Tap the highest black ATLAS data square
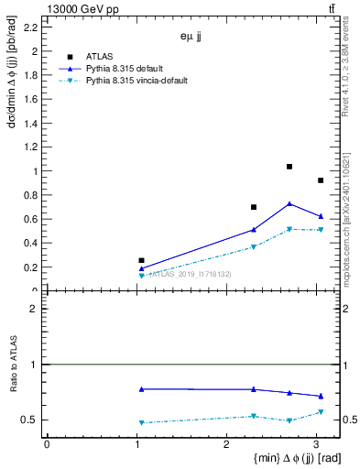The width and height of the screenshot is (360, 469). [x=289, y=167]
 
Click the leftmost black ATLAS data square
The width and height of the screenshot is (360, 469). [x=141, y=261]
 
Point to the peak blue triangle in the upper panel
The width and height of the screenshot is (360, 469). [x=289, y=203]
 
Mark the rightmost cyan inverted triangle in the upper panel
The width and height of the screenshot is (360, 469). [x=320, y=230]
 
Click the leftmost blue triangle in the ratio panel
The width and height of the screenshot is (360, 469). [x=141, y=389]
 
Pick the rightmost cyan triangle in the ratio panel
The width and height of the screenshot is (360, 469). [x=320, y=412]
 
